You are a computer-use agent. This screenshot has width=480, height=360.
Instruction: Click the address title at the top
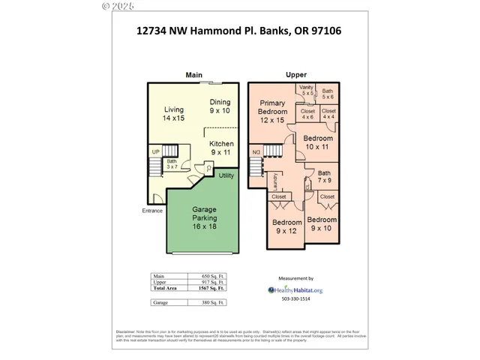(240, 31)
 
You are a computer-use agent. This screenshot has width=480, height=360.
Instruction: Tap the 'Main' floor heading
(194, 74)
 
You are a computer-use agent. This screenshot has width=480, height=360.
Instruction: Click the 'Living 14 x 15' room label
(173, 114)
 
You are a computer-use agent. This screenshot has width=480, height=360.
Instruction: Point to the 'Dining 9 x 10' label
(220, 106)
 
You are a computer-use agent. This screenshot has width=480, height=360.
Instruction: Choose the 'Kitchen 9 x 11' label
(221, 148)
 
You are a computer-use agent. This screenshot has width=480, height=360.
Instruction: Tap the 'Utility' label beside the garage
(226, 175)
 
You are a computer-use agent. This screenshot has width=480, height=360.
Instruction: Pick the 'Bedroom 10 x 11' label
(318, 142)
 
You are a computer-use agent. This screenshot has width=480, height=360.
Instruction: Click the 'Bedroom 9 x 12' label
(286, 226)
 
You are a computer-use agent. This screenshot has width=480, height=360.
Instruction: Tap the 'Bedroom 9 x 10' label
(323, 223)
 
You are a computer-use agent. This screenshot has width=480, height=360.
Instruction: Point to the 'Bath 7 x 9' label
(324, 176)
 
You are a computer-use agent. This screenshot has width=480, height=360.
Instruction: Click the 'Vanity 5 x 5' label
(307, 91)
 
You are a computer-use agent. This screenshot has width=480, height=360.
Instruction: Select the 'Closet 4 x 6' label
(307, 114)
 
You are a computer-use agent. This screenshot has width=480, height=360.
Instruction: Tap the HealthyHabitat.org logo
(295, 289)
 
